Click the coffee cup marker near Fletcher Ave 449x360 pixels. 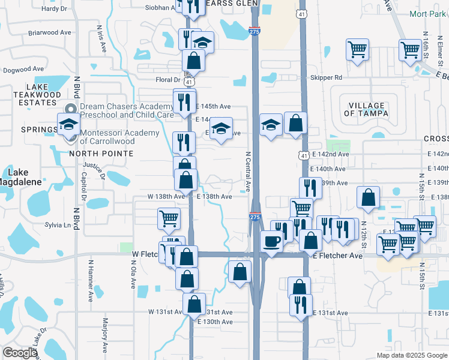(x=272, y=241)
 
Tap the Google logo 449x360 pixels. (x=20, y=353)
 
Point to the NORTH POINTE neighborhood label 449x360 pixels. (x=101, y=154)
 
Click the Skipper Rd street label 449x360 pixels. (x=326, y=78)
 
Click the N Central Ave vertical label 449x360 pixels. (x=248, y=170)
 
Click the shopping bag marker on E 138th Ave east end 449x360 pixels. (x=367, y=196)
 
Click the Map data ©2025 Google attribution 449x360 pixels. (x=411, y=355)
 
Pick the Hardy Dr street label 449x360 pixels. (x=55, y=8)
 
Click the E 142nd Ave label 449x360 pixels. (x=330, y=154)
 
